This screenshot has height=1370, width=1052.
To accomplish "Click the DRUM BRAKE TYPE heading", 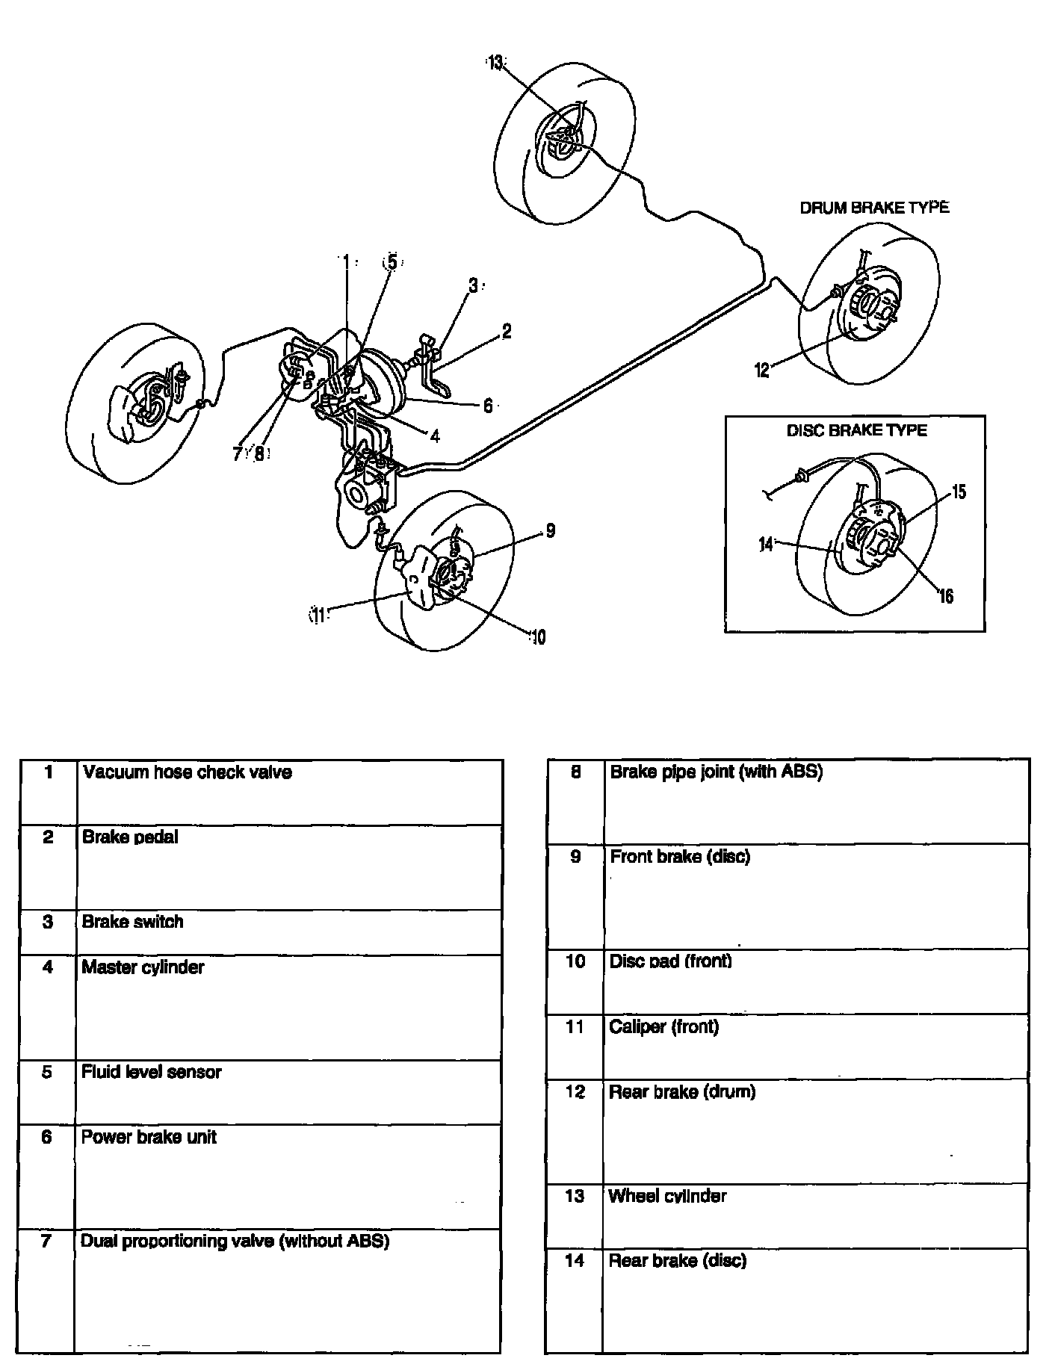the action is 874,208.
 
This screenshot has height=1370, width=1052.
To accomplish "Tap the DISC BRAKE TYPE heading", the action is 856,430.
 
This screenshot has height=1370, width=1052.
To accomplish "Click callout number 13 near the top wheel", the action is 495,63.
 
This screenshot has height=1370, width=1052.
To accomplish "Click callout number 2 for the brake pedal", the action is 506,332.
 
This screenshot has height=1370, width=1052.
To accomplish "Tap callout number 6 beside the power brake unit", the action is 487,406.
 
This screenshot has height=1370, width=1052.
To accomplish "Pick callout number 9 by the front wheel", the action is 550,531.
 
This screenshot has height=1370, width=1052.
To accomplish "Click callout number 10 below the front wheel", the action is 537,637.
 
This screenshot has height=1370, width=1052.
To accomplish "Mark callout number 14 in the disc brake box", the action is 765,545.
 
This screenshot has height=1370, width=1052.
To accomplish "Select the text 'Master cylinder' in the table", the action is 143,967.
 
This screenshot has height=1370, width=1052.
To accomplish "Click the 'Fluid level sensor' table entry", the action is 152,1072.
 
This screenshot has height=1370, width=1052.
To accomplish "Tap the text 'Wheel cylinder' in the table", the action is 667,1196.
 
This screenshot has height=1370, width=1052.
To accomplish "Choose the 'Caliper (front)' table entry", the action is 664,1027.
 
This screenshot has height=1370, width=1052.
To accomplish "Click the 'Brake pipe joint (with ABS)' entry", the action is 716,772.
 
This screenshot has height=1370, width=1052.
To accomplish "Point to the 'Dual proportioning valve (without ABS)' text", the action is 235,1242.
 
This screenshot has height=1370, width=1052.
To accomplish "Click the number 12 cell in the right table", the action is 575,1092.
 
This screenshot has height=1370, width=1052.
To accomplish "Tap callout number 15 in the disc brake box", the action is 959,492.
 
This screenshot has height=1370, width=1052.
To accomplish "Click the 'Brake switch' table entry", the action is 133,922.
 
